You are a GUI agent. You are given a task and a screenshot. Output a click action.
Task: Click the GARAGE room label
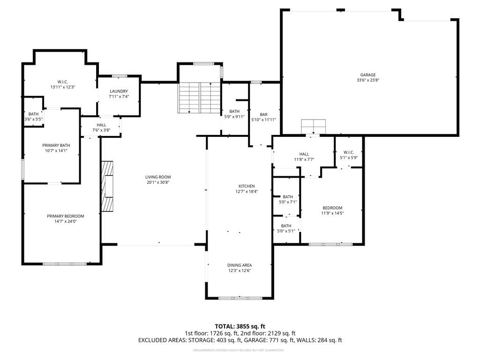367,75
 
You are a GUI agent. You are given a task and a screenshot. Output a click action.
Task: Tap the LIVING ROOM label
158,177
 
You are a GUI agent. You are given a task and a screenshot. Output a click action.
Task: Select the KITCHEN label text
247,186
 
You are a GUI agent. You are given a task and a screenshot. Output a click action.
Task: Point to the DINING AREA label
240,265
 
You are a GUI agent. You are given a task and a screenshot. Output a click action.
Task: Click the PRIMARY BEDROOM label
66,216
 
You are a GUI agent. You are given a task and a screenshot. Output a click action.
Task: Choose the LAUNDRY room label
119,91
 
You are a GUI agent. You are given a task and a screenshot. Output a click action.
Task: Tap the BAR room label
263,114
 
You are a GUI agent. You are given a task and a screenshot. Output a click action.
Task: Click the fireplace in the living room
107,186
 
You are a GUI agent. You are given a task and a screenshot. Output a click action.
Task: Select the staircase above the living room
199,97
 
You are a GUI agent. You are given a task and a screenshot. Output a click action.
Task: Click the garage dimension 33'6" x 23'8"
368,80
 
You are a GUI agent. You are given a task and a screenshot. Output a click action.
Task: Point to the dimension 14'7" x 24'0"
66,221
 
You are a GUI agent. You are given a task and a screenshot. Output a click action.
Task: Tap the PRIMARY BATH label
56,145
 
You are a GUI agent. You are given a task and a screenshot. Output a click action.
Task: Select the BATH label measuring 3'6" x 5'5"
34,114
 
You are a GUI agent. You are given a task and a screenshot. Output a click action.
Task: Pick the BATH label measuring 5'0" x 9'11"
234,112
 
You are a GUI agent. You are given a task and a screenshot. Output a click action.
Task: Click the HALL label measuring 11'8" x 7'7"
304,154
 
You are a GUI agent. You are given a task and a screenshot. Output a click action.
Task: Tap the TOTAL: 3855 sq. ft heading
240,326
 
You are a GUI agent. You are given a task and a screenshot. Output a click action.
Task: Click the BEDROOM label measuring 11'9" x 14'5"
332,208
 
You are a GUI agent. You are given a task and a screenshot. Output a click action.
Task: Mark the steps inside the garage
313,127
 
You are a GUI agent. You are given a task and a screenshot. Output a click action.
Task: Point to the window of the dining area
240,298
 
